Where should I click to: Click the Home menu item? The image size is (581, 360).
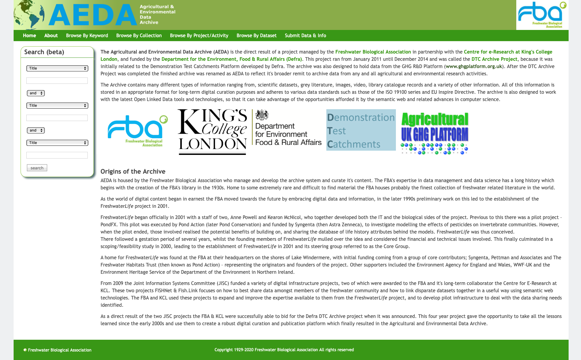pyautogui.click(x=29, y=35)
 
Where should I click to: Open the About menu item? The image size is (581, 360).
pyautogui.click(x=51, y=35)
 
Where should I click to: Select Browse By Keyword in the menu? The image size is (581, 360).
pyautogui.click(x=87, y=35)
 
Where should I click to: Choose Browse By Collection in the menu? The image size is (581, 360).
pyautogui.click(x=139, y=35)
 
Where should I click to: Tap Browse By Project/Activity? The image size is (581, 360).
pyautogui.click(x=199, y=35)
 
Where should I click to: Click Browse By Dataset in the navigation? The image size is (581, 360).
pyautogui.click(x=256, y=35)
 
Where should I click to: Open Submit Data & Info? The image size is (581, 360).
pyautogui.click(x=305, y=35)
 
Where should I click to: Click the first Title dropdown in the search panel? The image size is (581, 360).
pyautogui.click(x=57, y=68)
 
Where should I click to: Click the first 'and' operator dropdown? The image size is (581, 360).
pyautogui.click(x=36, y=93)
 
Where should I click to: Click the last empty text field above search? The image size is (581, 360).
pyautogui.click(x=57, y=155)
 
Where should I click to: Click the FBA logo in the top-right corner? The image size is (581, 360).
pyautogui.click(x=542, y=15)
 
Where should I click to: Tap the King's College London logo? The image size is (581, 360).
pyautogui.click(x=212, y=132)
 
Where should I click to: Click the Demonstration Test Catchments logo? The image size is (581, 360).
pyautogui.click(x=361, y=130)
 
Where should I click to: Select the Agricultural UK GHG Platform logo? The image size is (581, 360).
pyautogui.click(x=435, y=133)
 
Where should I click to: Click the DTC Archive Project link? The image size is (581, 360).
pyautogui.click(x=494, y=59)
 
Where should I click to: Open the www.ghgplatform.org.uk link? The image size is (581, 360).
pyautogui.click(x=474, y=67)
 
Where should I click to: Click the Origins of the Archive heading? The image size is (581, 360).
pyautogui.click(x=133, y=172)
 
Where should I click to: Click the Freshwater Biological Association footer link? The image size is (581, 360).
pyautogui.click(x=60, y=350)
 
